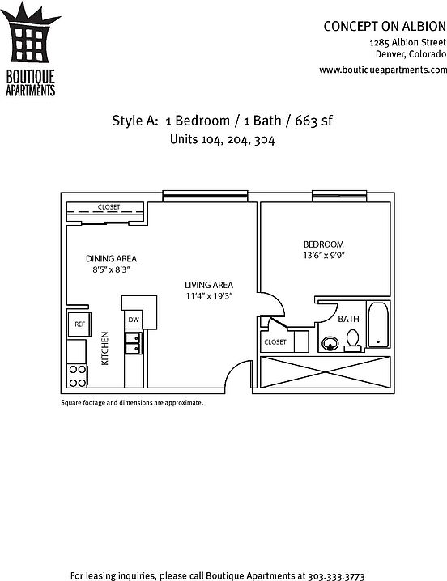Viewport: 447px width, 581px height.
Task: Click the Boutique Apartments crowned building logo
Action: pos(31,49)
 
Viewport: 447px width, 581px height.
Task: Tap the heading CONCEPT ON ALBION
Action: pos(385,27)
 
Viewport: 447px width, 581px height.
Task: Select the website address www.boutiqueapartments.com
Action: pos(383,70)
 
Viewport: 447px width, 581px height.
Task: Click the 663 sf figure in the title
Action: pos(313,121)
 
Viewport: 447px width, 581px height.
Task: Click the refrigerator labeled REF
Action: pos(79,324)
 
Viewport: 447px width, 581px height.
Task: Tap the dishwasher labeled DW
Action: pos(133,320)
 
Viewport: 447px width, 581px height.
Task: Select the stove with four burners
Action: pos(78,375)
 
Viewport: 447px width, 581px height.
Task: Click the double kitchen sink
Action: pos(133,343)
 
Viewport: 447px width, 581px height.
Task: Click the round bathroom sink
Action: pos(330,343)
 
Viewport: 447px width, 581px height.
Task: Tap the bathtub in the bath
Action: pos(378,325)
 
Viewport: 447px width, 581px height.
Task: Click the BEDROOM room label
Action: pos(323,244)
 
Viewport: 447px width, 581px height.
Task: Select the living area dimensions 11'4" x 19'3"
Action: pos(209,296)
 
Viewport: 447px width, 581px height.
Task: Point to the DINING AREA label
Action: pos(111,258)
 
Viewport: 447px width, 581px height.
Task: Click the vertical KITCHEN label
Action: pos(105,348)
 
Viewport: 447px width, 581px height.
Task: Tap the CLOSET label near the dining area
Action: pos(109,207)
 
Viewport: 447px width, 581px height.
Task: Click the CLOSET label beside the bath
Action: pos(275,342)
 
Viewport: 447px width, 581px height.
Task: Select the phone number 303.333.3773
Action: pos(336,576)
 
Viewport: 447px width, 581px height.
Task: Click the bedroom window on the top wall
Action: pos(339,196)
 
